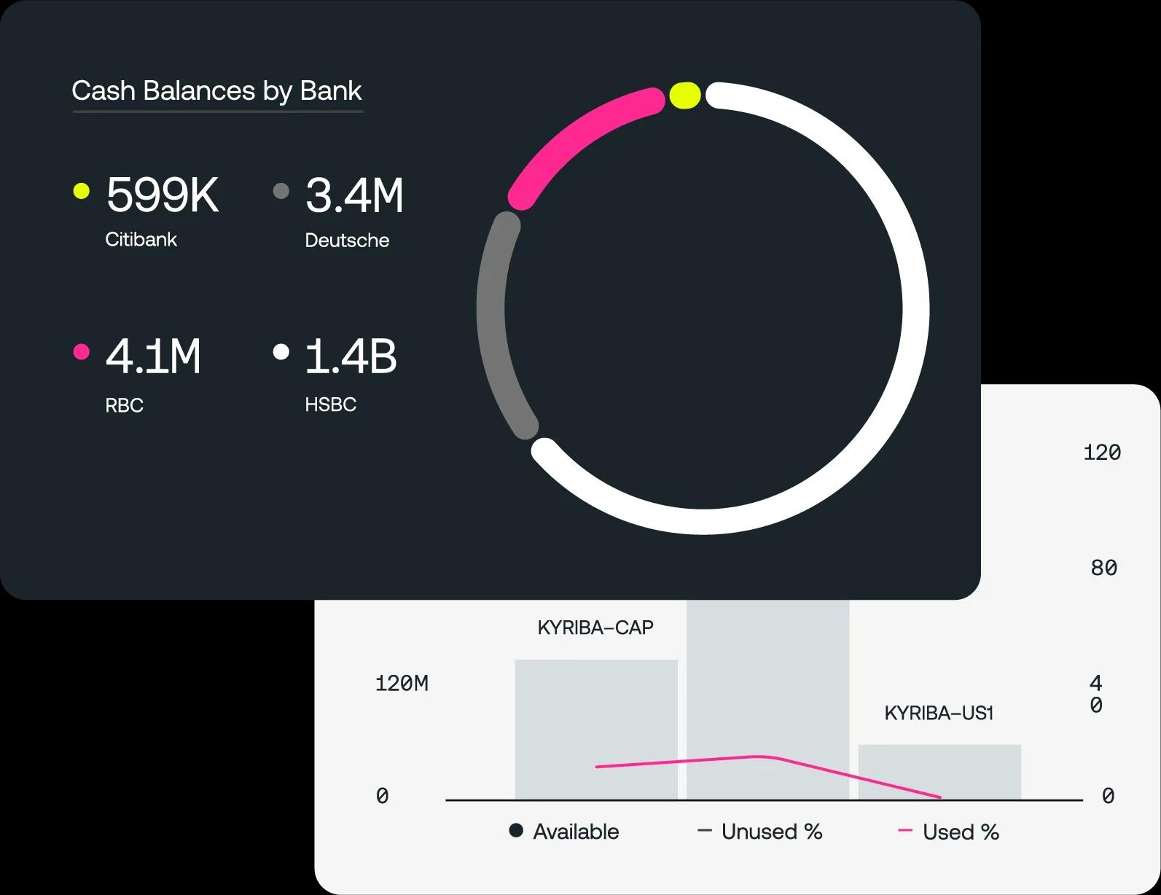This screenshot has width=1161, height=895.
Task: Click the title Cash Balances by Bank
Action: [x=216, y=91]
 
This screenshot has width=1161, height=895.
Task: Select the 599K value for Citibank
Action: [x=163, y=195]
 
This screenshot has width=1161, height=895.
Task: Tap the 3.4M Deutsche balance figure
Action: [x=354, y=195]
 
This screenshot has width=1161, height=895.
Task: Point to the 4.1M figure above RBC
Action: [x=153, y=356]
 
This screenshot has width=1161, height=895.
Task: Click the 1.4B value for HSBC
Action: [x=351, y=356]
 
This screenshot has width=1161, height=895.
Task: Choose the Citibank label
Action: [x=141, y=239]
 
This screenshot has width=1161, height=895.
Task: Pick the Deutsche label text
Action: [x=348, y=240]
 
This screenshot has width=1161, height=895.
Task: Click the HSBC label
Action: [x=331, y=404]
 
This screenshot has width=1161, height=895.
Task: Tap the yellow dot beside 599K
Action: [x=81, y=191]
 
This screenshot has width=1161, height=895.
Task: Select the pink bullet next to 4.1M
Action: [x=81, y=351]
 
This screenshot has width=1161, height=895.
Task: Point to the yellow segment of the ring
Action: [x=685, y=95]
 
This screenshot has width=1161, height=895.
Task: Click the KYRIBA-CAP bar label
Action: [x=595, y=628]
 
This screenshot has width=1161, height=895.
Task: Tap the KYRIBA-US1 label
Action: [x=939, y=713]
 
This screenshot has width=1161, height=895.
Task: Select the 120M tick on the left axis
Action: [x=402, y=684]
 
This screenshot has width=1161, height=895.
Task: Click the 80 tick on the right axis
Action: [x=1104, y=568]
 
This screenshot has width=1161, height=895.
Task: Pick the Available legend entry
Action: [x=564, y=832]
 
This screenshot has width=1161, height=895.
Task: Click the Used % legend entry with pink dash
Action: [x=948, y=832]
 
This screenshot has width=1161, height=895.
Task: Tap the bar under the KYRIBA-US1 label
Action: [x=940, y=772]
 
